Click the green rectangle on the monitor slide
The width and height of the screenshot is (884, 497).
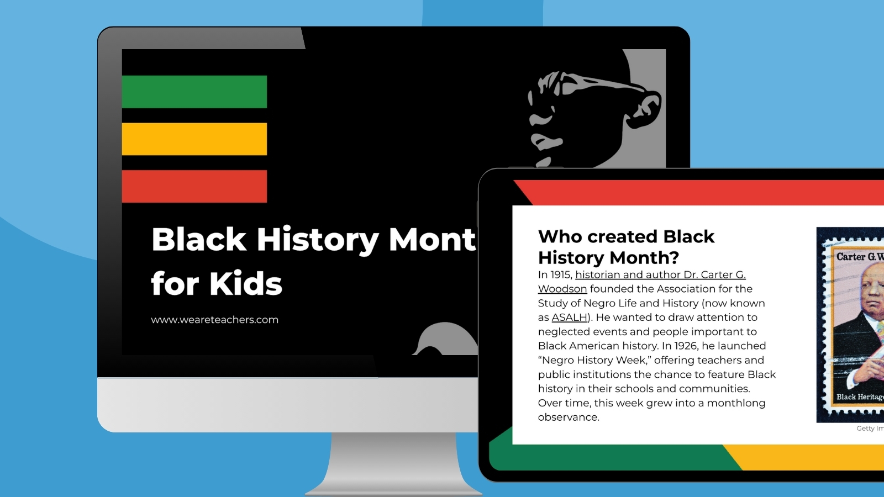tap(194, 92)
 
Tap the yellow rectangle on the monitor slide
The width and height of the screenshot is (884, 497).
tap(194, 139)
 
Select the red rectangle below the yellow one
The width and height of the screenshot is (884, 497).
tap(194, 186)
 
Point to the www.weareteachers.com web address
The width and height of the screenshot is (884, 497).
tap(214, 320)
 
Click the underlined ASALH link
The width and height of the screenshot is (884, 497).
tap(569, 318)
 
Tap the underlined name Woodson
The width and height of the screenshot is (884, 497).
tap(562, 289)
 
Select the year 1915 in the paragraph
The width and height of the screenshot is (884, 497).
tap(560, 275)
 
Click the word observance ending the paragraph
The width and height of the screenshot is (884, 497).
tap(568, 417)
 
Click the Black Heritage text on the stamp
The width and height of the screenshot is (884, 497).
tap(859, 397)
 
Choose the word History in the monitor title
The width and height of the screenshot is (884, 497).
tap(317, 240)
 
